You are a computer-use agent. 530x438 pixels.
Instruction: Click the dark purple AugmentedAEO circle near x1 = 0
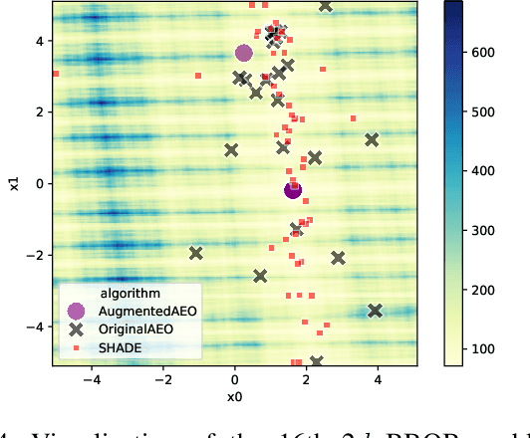point(293,190)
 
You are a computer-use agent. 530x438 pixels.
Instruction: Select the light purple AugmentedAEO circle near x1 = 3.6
point(243,53)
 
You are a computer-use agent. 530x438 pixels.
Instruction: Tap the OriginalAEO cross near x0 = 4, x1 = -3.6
point(376,312)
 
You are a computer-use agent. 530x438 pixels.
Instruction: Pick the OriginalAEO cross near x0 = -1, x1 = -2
point(196,254)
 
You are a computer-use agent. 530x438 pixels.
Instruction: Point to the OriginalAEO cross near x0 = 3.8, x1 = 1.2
point(372,140)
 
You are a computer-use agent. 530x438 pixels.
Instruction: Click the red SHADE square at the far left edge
point(56,74)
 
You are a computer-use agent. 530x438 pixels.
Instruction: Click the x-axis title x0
point(234,398)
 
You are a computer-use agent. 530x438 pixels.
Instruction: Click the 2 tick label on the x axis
point(306,379)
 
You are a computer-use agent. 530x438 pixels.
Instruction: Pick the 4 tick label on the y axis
point(37,41)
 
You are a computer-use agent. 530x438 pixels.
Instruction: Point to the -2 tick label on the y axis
point(34,255)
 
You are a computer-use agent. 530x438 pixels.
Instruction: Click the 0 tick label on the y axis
point(37,183)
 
